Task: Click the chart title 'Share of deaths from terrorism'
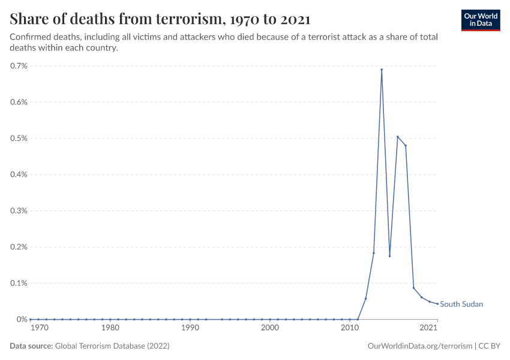point(160,19)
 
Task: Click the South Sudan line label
point(461,304)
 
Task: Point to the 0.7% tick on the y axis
point(19,66)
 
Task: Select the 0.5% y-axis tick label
point(19,139)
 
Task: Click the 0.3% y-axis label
point(19,211)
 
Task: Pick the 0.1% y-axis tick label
point(19,283)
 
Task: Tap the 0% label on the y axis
point(22,319)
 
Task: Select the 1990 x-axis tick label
point(190,328)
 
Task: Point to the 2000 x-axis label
point(270,328)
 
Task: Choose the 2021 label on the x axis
point(428,328)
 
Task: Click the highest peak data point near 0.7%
point(382,70)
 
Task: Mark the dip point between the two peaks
point(389,256)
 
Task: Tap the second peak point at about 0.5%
point(397,137)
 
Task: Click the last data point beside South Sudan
point(437,304)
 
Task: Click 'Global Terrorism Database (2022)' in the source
point(112,346)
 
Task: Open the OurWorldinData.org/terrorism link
point(419,346)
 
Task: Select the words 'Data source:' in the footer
point(31,346)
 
